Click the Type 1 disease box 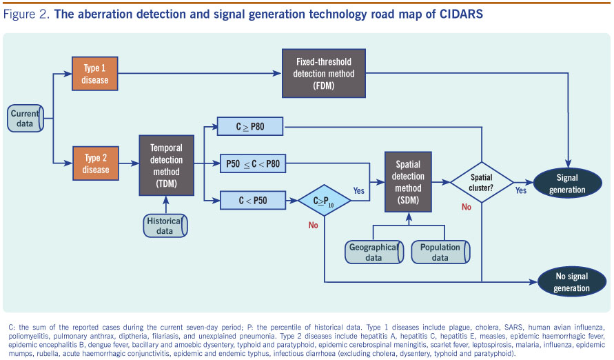(95, 74)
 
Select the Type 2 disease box (96, 163)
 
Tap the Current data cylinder (25, 119)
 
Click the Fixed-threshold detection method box (324, 73)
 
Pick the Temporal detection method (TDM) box (167, 166)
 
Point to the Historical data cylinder (165, 226)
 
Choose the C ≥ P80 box (250, 126)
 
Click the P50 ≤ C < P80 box (253, 163)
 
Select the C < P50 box (253, 201)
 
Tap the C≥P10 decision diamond (325, 201)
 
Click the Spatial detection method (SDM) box (408, 182)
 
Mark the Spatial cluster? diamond (482, 183)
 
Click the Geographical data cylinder (374, 252)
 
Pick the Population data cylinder (440, 252)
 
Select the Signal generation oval (567, 183)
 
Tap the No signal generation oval (572, 282)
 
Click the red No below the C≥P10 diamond (314, 226)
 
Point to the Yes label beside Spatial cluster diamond (521, 190)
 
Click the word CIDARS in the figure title (461, 14)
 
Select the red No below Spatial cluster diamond (467, 207)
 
